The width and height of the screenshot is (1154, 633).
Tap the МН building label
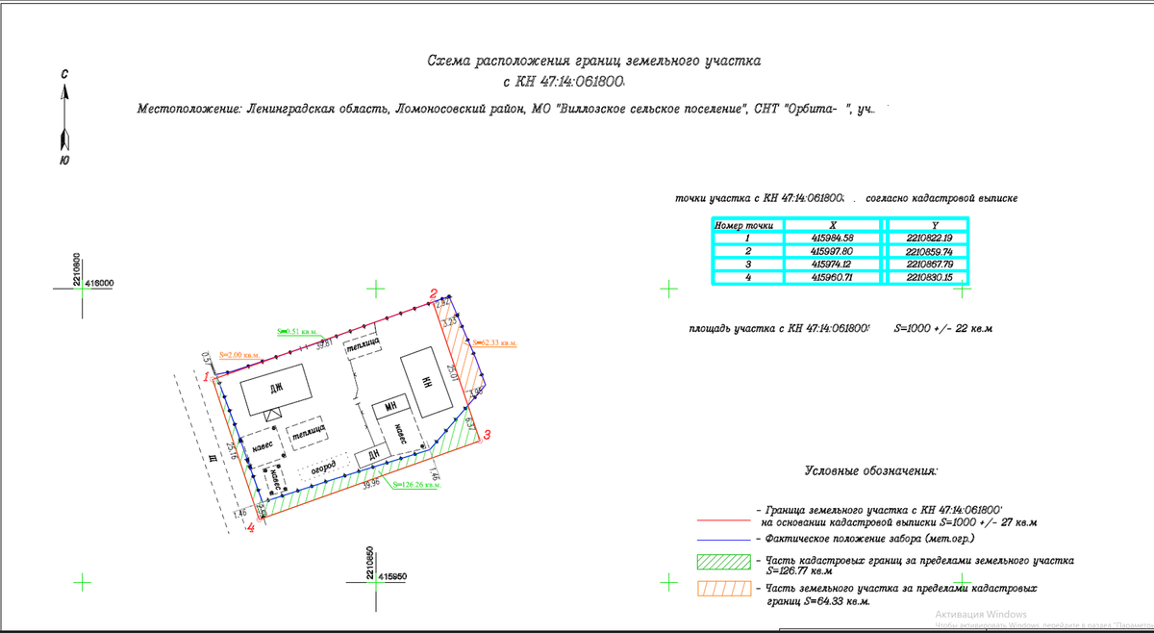coord(390,408)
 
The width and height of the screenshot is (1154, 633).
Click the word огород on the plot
coord(323,467)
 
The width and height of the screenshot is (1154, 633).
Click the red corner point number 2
coord(434,294)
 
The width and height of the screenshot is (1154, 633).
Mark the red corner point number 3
coord(487,436)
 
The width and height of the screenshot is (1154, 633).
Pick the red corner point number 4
coord(251,527)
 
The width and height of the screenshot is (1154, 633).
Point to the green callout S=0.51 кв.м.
coord(296,331)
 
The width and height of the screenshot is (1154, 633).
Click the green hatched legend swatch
coord(722,562)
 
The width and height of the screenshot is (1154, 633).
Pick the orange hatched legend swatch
coord(722,589)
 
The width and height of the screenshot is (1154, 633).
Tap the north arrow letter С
coord(63,74)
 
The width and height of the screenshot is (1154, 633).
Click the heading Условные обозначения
coord(871,471)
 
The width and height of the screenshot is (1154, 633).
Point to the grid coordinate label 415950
coord(393,576)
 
